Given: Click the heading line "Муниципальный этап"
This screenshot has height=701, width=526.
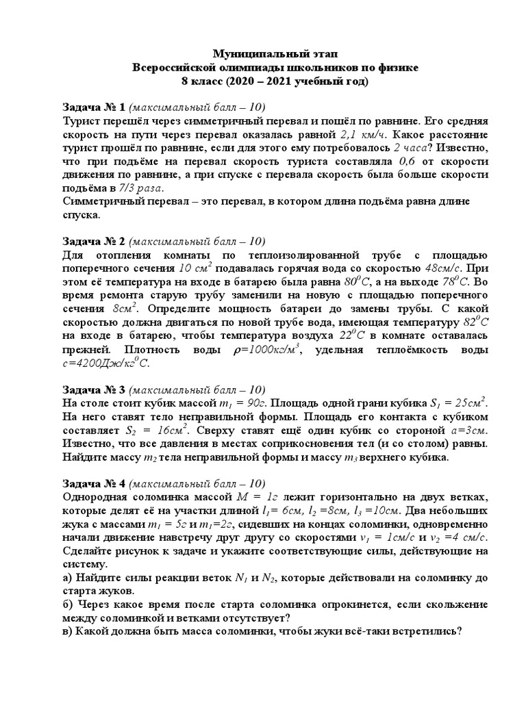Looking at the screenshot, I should point(273,53).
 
